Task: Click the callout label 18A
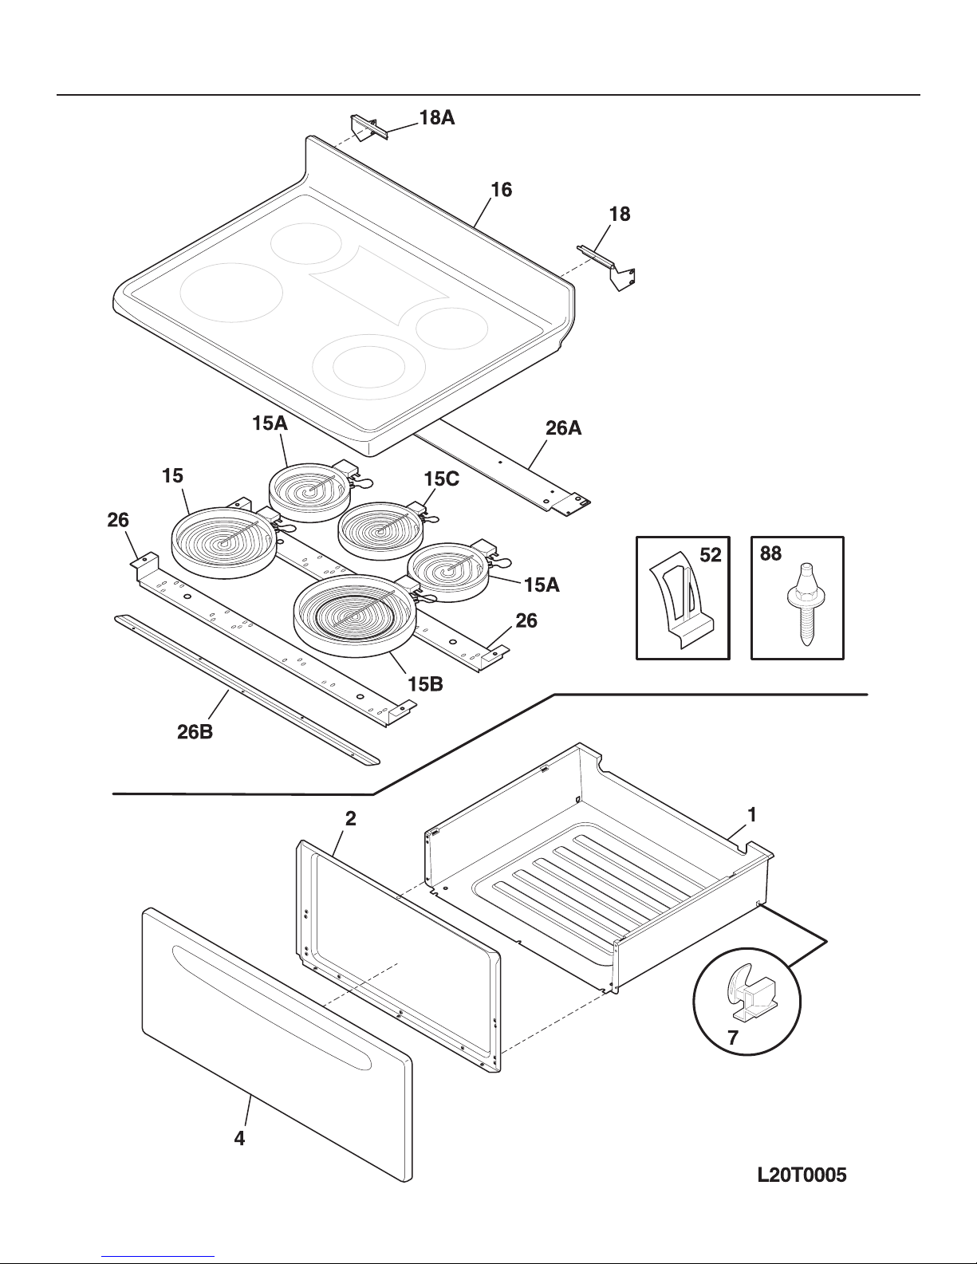pyautogui.click(x=436, y=118)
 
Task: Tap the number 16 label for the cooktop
pyautogui.click(x=501, y=190)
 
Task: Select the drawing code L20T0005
pyautogui.click(x=802, y=1174)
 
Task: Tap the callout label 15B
pyautogui.click(x=425, y=683)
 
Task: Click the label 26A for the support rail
pyautogui.click(x=563, y=428)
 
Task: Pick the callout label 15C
pyautogui.click(x=441, y=480)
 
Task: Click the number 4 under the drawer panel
pyautogui.click(x=239, y=1140)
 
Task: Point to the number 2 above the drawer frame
pyautogui.click(x=350, y=818)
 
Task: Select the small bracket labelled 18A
pyautogui.click(x=368, y=127)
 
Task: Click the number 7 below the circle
pyautogui.click(x=733, y=1039)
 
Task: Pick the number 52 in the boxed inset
pyautogui.click(x=710, y=556)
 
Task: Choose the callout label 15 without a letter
pyautogui.click(x=172, y=476)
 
